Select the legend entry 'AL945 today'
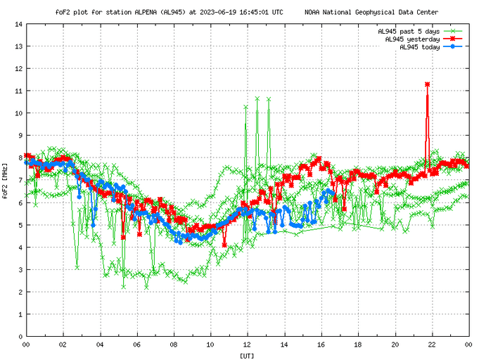[x=420, y=47]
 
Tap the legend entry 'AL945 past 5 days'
[x=409, y=32]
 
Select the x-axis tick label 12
[x=247, y=345]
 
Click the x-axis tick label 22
[x=431, y=345]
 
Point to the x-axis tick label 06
[x=136, y=345]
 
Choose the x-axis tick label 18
[x=357, y=345]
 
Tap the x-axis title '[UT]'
[x=247, y=355]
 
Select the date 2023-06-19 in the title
[x=217, y=12]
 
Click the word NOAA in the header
[x=314, y=12]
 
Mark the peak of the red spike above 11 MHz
[x=427, y=84]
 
